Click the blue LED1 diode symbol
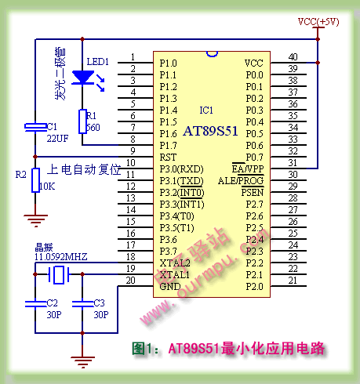[x=82, y=77]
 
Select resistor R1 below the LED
[x=82, y=121]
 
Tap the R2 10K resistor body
[x=35, y=179]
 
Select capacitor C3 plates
[x=82, y=301]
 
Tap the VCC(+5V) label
[x=318, y=21]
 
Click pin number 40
[x=293, y=57]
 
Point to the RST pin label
[x=167, y=157]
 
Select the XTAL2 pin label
[x=174, y=263]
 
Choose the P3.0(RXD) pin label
[x=180, y=168]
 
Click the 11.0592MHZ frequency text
[x=60, y=256]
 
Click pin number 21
[x=293, y=281]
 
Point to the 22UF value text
[x=57, y=138]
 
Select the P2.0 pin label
[x=253, y=286]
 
